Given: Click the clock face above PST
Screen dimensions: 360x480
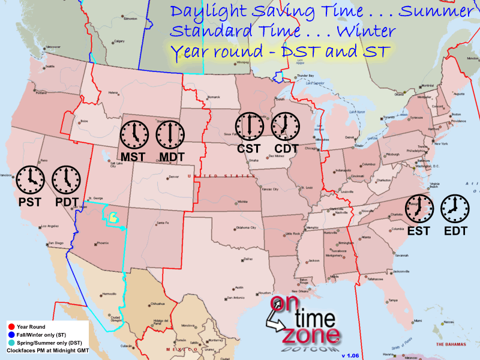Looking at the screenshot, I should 30,179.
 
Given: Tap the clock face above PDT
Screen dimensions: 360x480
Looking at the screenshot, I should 66,179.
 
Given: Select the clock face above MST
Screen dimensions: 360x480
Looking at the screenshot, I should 134,134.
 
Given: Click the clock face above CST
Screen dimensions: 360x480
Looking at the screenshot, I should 248,126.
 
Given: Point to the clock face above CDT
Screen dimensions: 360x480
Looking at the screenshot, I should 284,126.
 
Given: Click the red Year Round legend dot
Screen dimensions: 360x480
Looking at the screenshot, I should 11,326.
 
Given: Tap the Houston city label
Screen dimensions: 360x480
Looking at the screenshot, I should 265,292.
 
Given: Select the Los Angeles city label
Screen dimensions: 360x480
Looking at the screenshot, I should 50,226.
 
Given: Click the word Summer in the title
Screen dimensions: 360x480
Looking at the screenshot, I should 436,11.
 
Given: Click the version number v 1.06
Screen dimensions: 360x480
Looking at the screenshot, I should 350,356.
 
